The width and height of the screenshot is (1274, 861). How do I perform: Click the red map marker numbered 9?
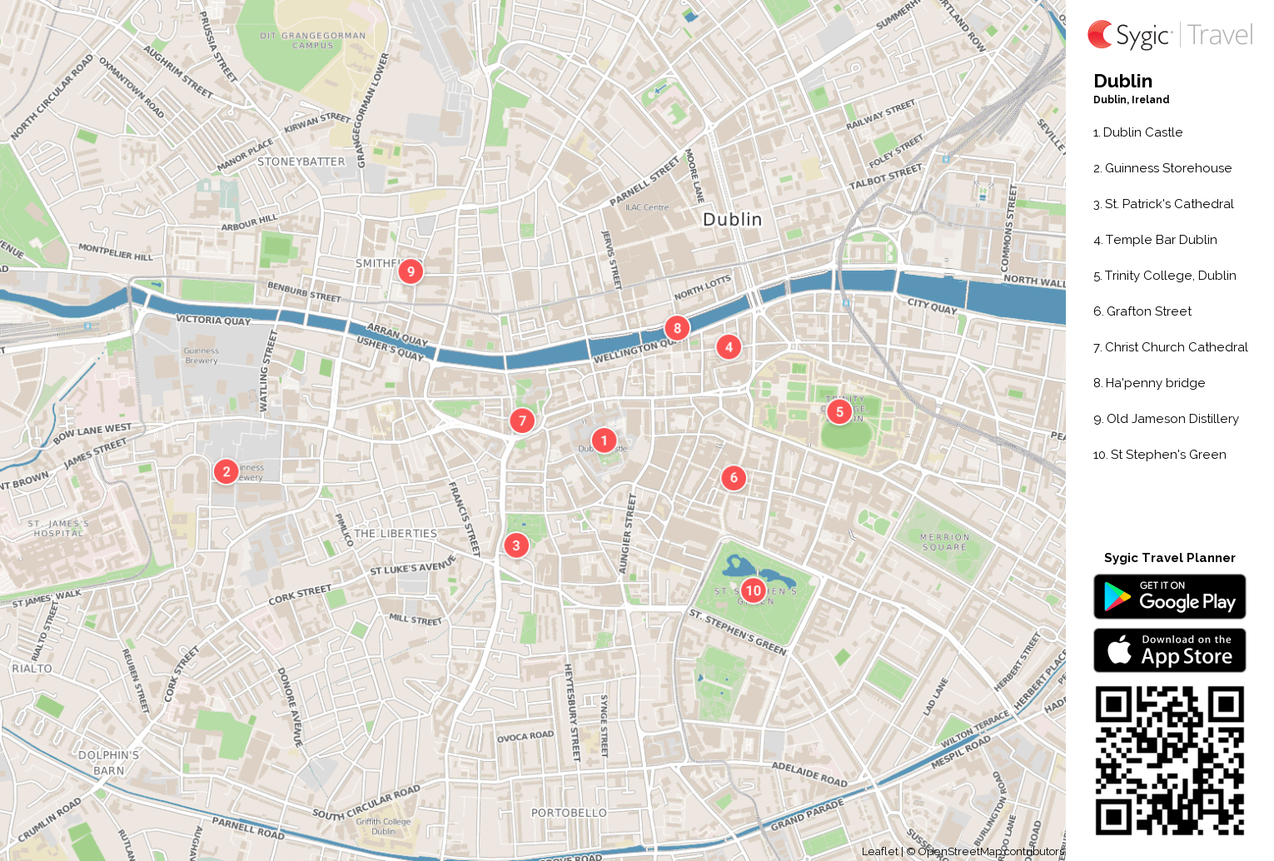click(411, 271)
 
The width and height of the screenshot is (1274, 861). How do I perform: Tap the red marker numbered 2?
click(226, 471)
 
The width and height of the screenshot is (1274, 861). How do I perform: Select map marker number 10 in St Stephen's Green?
click(753, 590)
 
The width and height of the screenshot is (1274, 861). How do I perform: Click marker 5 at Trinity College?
click(839, 411)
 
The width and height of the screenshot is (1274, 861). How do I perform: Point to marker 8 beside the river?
click(677, 328)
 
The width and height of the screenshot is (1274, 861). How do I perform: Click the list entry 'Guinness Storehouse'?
click(1167, 168)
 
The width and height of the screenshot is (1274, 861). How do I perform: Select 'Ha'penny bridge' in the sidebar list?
click(1154, 383)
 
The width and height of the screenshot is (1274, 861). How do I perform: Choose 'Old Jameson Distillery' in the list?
click(1172, 419)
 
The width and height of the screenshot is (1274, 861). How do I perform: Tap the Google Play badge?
click(1169, 596)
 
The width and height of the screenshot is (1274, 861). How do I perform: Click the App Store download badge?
click(1169, 649)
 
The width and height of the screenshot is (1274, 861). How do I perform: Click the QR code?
click(1169, 759)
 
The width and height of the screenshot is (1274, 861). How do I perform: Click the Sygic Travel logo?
click(1169, 35)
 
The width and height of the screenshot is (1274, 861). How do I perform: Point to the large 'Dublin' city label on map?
click(732, 219)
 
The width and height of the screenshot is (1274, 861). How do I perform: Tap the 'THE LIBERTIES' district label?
click(396, 534)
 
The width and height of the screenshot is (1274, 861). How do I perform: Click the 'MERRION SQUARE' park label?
click(944, 542)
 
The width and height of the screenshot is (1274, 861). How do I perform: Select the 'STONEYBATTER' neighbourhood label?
click(301, 162)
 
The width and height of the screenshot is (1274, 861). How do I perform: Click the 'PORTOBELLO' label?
click(569, 813)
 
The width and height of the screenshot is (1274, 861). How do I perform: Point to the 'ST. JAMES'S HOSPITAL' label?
click(58, 529)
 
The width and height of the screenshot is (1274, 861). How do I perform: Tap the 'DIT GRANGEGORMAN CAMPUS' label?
click(312, 40)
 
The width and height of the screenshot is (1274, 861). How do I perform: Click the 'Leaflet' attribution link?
click(879, 851)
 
